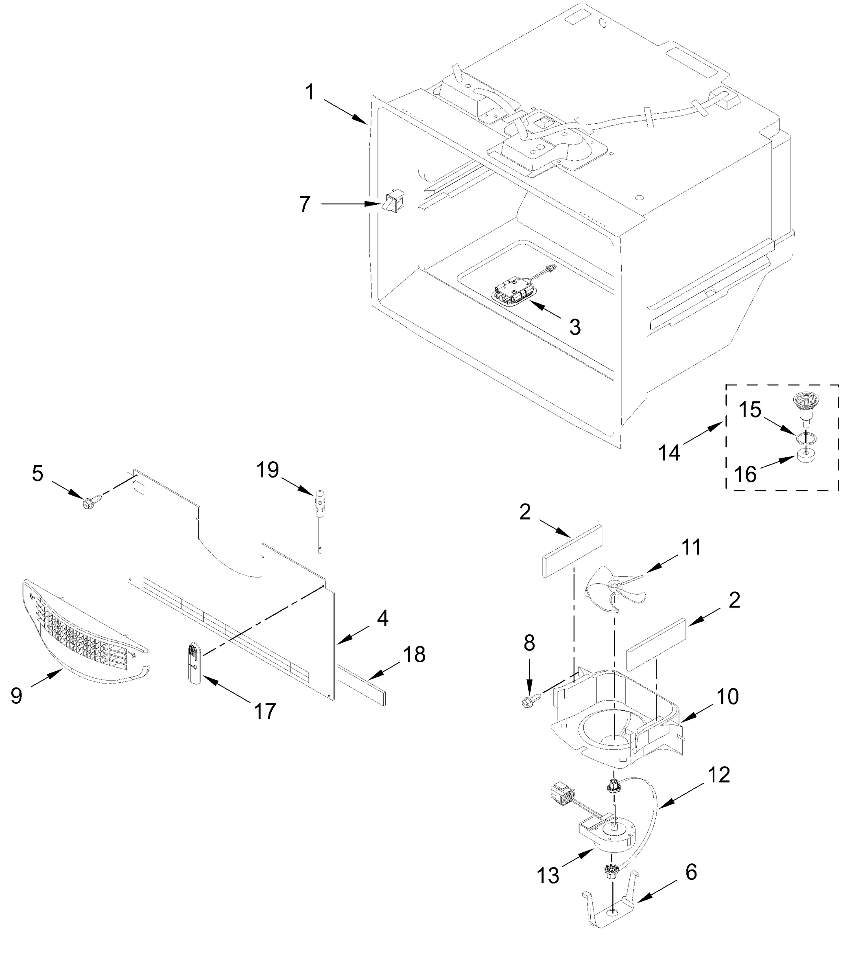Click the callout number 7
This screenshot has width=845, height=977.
point(305,204)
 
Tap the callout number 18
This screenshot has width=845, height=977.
point(415,654)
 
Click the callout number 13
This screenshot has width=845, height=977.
point(548,876)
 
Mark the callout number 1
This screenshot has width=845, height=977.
point(310,92)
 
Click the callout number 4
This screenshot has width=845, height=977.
point(383,618)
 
